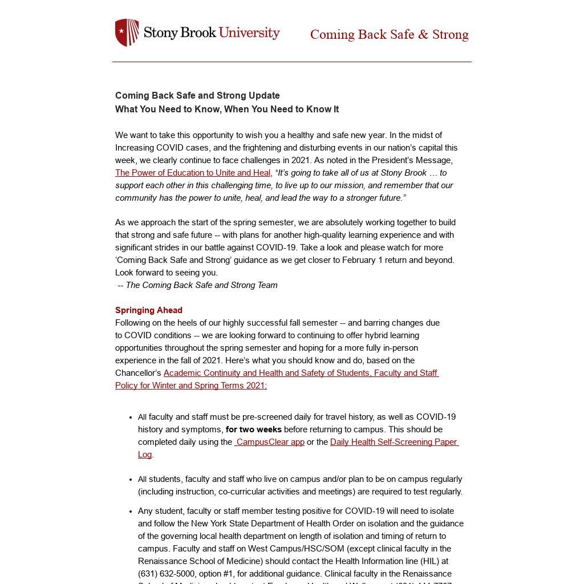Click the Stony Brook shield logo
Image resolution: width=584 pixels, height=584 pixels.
127,33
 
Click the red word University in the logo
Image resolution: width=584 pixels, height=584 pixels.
249,33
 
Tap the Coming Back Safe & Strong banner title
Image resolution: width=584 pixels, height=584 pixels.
389,35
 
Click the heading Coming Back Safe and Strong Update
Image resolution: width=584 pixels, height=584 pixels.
197,96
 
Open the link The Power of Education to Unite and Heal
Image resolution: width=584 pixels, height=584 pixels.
193,173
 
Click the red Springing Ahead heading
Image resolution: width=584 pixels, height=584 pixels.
149,310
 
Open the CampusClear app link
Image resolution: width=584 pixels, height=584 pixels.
270,442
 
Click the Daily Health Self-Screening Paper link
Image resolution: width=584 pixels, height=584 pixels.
394,442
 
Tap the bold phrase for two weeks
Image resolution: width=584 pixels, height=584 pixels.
253,429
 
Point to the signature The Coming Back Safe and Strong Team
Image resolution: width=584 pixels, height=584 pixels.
201,285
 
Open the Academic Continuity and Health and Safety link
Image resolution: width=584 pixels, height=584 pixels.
301,373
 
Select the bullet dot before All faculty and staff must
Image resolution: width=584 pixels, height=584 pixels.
131,417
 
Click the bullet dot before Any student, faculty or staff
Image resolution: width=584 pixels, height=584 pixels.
131,512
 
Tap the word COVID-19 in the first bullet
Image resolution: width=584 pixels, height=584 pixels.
436,417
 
